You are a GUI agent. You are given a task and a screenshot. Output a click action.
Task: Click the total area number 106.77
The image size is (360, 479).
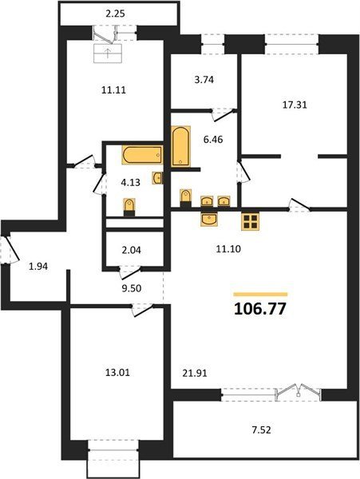coord(260,309)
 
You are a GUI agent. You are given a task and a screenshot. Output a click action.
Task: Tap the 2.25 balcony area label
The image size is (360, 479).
coord(116,14)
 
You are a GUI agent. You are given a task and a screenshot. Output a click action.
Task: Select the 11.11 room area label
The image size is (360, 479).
coord(113,90)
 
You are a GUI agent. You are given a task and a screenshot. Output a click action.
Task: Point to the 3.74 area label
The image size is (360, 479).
coord(204,80)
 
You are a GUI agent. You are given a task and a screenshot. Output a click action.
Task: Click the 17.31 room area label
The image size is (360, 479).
coord(295,105)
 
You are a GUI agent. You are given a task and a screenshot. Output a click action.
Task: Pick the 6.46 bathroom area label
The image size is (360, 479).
coord(213,140)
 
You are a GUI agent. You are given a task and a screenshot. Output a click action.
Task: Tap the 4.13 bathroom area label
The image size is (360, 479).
coord(130,183)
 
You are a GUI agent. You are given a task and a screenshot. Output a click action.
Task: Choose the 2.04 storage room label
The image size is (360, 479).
coord(131,251)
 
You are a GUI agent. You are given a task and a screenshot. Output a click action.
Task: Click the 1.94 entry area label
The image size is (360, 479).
coord(38,267)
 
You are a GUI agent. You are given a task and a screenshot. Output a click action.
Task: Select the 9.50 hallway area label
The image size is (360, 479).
coord(132,288)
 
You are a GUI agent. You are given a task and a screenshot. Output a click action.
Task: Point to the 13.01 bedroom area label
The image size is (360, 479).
coord(117,373)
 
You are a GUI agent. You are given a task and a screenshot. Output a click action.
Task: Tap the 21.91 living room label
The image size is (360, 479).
coord(195,373)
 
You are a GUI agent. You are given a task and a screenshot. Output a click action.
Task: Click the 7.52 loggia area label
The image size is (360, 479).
coord(262,430)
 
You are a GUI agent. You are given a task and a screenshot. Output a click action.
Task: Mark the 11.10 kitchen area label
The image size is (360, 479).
coord(228,249)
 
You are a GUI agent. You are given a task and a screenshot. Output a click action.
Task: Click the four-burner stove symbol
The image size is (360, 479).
coord(250,221)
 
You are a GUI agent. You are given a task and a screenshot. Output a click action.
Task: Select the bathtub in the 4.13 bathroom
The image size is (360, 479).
coord(142,155)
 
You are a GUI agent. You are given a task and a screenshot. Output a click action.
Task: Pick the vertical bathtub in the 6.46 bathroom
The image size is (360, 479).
coord(180,147)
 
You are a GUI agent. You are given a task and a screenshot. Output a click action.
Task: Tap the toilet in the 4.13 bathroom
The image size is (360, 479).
coord(129,207)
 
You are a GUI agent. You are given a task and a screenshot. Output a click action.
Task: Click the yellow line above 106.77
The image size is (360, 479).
coord(260,295)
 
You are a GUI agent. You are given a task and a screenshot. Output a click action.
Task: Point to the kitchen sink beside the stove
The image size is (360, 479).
coord(209,220)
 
